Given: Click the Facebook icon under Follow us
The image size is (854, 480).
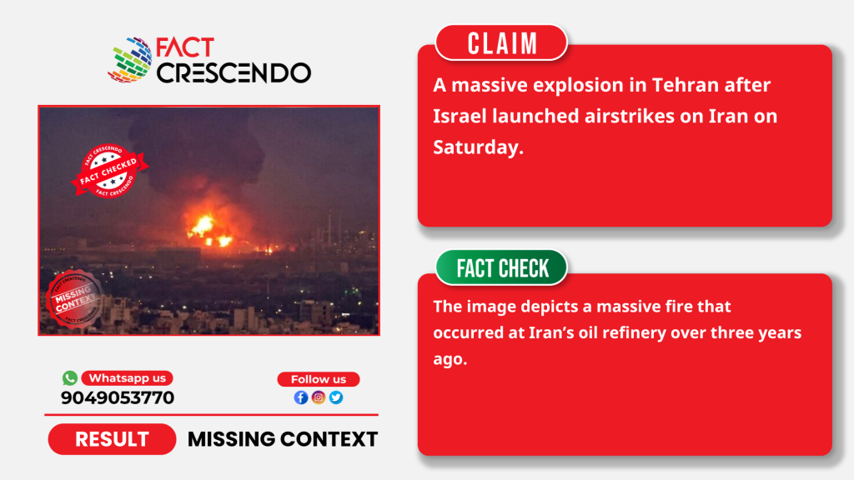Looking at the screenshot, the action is pos(300,397).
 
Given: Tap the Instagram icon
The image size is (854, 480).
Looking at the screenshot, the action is pos(319,397).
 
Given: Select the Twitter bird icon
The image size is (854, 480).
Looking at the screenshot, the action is pos(336,397).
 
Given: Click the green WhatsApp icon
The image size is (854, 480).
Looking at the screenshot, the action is pos(70,377).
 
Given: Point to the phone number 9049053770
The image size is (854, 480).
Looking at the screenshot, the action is pos(118,397).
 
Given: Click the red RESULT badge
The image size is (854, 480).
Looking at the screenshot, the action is pos(113,439).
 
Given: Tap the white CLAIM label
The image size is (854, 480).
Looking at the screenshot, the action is pos(501,43).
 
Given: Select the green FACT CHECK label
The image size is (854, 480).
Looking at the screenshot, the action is pos(501,267).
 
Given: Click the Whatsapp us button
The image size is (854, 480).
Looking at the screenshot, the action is pos(128,378).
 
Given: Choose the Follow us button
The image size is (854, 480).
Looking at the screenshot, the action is pos(319,379).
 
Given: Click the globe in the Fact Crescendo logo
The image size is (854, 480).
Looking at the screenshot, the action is pos(130,60).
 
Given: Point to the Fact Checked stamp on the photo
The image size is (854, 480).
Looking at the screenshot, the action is pos(109,171).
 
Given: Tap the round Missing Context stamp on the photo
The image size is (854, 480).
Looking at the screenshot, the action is pos(74,299).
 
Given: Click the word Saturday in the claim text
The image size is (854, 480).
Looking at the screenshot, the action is pos(478,147).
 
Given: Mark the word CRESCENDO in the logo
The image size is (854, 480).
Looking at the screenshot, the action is pos(234,73).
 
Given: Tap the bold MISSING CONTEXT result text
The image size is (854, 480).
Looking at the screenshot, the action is pos(283,439).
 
